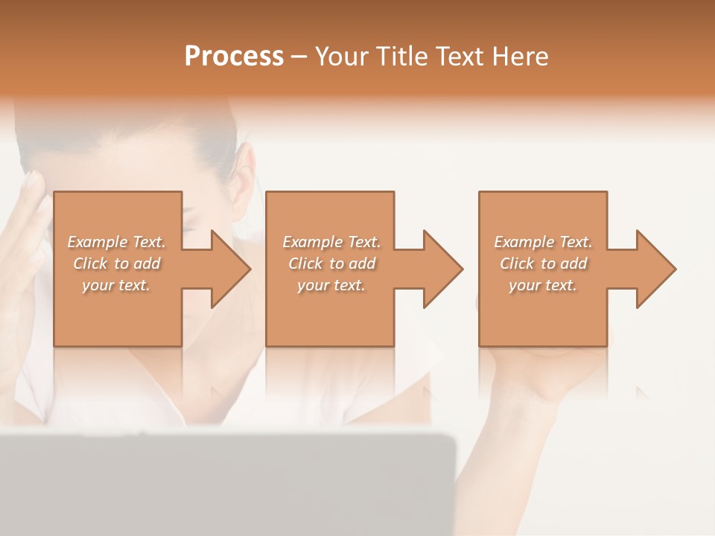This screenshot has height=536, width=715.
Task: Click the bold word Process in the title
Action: pos(234,57)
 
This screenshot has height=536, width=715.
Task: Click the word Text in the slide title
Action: pos(458,57)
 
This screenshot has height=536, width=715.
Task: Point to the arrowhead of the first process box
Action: pos(231,269)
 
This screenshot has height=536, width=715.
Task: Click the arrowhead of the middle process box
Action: pos(443,269)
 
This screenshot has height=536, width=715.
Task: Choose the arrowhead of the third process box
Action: pos(656,269)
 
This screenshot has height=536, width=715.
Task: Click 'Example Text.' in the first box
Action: pos(117,242)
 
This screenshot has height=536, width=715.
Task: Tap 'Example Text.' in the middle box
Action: pos(331,242)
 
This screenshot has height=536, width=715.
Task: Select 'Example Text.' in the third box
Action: pos(543,242)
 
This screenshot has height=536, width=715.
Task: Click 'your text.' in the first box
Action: pos(116,285)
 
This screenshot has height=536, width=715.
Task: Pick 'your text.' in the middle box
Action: pos(331,285)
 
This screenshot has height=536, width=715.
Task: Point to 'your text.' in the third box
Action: pos(543,285)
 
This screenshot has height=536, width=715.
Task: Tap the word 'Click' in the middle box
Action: pos(305,264)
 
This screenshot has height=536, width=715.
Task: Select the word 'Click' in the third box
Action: pos(517,264)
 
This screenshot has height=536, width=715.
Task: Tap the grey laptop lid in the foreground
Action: pos(223,484)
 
